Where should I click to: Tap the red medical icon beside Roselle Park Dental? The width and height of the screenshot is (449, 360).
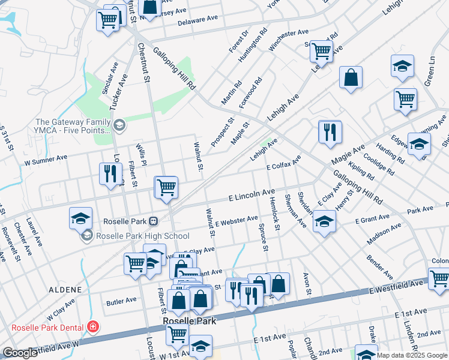(x=93, y=327)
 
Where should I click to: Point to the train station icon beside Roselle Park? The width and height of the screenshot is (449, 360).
(x=154, y=221)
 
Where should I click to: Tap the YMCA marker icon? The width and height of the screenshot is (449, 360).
(x=119, y=125)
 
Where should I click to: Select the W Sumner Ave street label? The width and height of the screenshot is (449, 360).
(x=45, y=161)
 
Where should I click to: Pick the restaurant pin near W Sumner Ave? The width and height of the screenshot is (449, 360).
(x=110, y=173)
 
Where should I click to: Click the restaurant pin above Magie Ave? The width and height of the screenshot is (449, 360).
(x=330, y=131)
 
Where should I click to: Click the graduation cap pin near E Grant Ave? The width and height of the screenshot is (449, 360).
(x=324, y=222)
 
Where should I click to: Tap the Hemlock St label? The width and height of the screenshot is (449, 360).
(x=275, y=215)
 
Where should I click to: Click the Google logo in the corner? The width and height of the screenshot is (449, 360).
(x=20, y=353)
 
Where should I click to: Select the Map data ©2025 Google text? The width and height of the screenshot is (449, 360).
(x=412, y=355)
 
